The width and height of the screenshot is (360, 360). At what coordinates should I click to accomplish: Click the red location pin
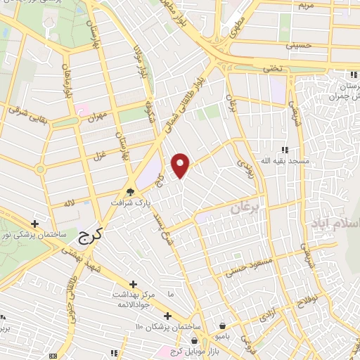[x=181, y=165]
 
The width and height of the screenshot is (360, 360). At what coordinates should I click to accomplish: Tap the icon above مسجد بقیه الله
[x=285, y=150]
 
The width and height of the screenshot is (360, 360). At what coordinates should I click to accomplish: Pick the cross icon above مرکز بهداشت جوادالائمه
[x=133, y=284]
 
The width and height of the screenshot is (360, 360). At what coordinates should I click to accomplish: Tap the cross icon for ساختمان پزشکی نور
[x=34, y=223]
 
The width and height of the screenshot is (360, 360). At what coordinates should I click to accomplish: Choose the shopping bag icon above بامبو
[x=222, y=326]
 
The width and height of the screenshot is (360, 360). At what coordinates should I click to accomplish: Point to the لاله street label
[x=70, y=202]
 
